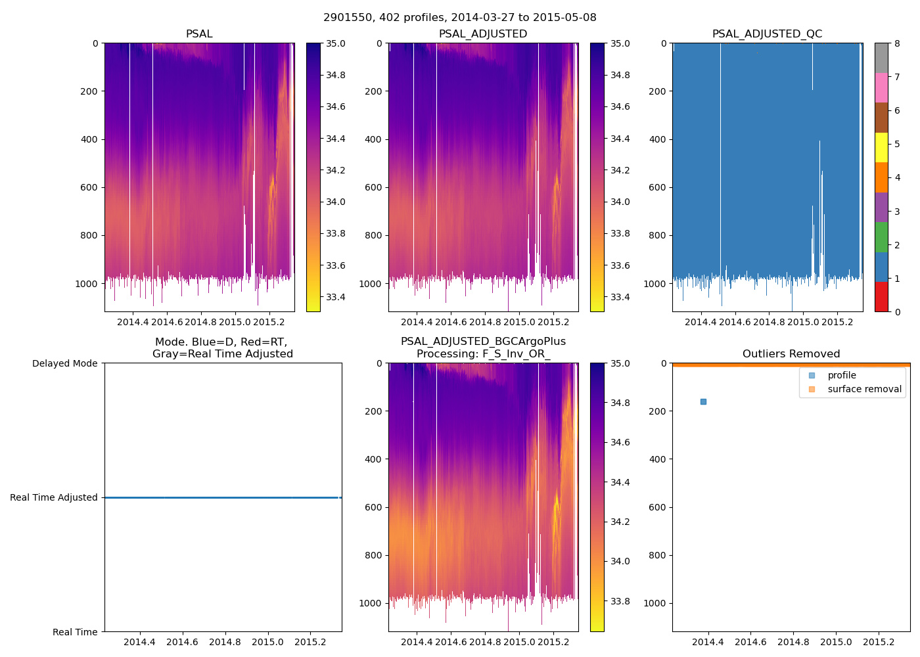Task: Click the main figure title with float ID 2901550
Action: click(x=459, y=18)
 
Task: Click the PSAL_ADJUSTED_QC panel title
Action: click(x=767, y=34)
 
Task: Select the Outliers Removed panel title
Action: click(x=791, y=354)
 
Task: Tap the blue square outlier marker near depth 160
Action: click(x=703, y=401)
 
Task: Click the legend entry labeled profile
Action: click(x=841, y=375)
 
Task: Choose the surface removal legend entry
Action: click(x=864, y=389)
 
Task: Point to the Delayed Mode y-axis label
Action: click(x=64, y=363)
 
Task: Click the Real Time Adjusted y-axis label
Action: click(x=54, y=497)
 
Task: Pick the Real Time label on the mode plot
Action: click(x=75, y=632)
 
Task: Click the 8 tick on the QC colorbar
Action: click(x=897, y=43)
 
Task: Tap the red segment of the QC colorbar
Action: click(x=881, y=296)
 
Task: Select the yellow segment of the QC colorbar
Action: click(x=881, y=147)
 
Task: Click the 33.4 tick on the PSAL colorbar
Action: click(x=336, y=297)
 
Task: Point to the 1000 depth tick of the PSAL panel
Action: click(x=86, y=284)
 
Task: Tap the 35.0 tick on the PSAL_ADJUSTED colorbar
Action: click(x=620, y=43)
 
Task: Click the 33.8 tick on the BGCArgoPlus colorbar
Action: click(x=620, y=601)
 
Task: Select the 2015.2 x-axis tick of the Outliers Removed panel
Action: click(x=879, y=642)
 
